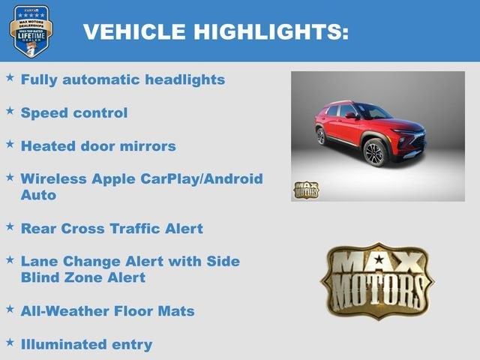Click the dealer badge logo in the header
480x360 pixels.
tap(31, 31)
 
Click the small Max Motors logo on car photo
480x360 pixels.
tap(305, 190)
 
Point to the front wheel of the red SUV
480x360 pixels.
tap(374, 152)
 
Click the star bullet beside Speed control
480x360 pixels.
tap(10, 110)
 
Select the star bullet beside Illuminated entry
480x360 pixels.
tap(10, 342)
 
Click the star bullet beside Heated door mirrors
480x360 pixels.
tap(10, 143)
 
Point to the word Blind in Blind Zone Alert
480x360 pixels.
tap(41, 277)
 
